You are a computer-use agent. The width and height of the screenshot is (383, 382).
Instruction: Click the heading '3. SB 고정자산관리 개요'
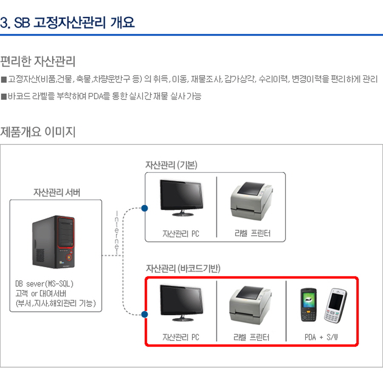(68, 23)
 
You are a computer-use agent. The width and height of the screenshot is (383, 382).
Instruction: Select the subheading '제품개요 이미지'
(38, 132)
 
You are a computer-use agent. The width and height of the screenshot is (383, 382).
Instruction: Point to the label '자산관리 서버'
(57, 192)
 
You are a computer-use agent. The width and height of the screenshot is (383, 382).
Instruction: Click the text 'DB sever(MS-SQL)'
(47, 284)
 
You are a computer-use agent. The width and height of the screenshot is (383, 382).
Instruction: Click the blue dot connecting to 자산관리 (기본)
(144, 208)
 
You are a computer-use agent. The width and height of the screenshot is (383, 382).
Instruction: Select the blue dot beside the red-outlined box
(144, 315)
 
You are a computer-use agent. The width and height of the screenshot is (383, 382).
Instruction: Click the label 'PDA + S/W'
(321, 337)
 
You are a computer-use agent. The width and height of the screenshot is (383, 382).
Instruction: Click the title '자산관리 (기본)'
(171, 164)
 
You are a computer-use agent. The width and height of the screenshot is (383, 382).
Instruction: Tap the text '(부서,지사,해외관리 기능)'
(55, 303)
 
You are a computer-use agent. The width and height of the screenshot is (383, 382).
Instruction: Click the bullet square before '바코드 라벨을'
(4, 97)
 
